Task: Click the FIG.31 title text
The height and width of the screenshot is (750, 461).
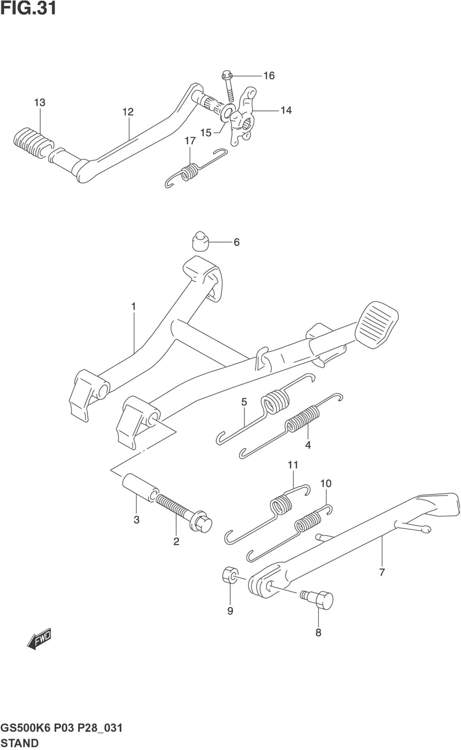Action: tap(29, 8)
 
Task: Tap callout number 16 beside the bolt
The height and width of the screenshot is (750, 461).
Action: tap(269, 76)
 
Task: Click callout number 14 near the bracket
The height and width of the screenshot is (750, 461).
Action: tap(286, 110)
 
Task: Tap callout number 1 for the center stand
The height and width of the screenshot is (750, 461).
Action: tap(134, 306)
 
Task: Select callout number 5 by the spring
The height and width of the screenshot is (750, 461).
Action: tap(244, 402)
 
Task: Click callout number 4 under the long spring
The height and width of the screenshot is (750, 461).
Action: tap(308, 445)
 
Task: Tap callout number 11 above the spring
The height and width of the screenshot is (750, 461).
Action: tap(293, 465)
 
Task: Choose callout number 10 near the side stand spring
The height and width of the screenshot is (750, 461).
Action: tap(326, 483)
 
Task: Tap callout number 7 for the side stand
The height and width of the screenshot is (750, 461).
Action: tap(382, 572)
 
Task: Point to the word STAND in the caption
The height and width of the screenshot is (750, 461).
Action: tap(20, 743)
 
